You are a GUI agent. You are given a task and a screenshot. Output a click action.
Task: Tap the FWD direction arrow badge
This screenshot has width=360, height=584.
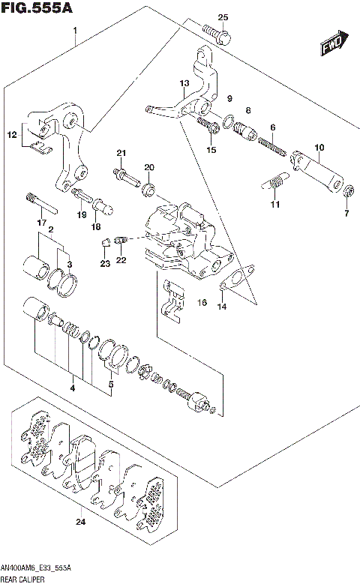tap(334, 44)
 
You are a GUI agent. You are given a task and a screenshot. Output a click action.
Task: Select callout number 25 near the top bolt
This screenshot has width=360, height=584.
tap(223, 17)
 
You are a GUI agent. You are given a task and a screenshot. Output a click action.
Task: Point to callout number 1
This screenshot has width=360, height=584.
tap(75, 31)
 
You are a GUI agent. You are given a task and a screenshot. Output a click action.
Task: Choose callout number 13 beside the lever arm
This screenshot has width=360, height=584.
tap(184, 83)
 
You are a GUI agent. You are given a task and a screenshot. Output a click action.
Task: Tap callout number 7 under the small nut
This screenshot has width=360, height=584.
tap(346, 214)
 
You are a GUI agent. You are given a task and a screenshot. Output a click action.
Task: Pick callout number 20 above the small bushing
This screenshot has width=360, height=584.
tap(148, 166)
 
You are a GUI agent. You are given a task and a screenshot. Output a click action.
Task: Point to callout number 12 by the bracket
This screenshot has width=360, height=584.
tap(12, 135)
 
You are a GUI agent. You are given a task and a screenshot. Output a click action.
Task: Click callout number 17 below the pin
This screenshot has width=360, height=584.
tap(43, 223)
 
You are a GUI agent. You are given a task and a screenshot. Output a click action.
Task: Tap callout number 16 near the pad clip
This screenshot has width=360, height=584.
tap(201, 302)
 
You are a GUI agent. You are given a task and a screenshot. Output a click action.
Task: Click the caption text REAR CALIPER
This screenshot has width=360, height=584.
tap(23, 578)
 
